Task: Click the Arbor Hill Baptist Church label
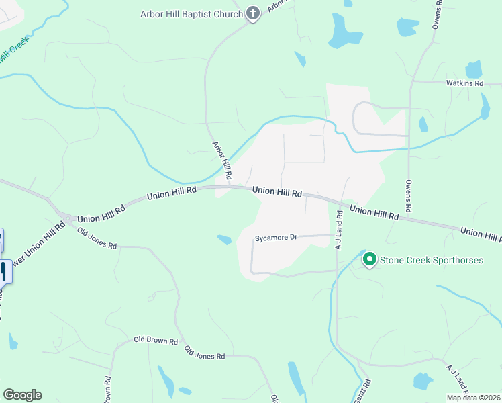(191, 14)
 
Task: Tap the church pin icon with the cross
(252, 13)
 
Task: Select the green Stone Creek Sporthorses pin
(369, 259)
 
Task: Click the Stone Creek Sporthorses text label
(432, 260)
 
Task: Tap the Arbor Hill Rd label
(222, 161)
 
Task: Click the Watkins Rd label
(465, 84)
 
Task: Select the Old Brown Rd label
(155, 341)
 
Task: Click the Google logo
(22, 395)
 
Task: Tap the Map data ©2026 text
(473, 398)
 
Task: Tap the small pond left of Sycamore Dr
(224, 239)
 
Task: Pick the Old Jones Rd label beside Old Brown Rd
(205, 352)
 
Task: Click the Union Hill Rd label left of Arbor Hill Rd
(171, 194)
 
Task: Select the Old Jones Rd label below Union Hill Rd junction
(97, 238)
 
